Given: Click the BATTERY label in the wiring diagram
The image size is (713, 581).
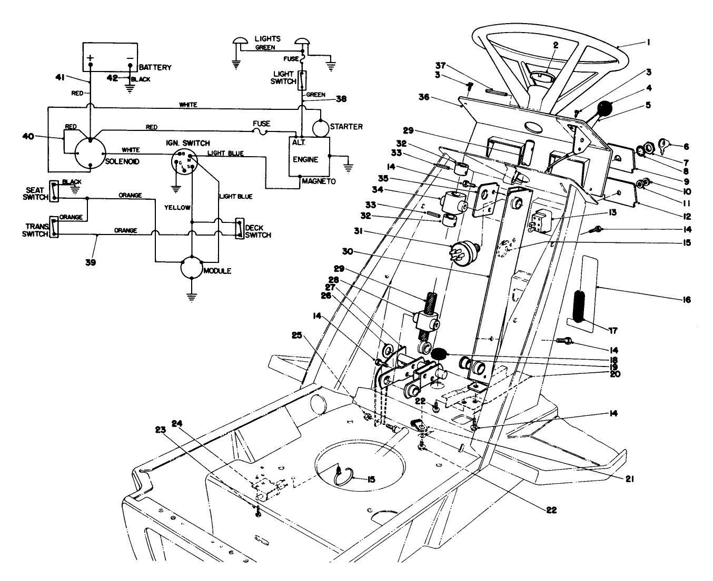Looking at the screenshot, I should tap(155, 67).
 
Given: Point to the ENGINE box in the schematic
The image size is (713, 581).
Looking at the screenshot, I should tap(309, 157).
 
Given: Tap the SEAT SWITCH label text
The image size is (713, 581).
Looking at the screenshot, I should tap(36, 193).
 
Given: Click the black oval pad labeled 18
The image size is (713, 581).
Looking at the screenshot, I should tap(439, 354).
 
